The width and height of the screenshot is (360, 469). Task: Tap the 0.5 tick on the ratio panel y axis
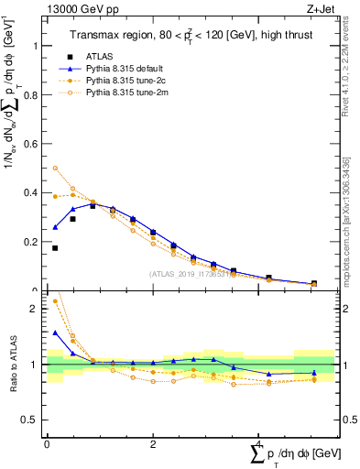point(34,420)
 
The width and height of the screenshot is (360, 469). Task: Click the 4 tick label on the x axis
point(259,443)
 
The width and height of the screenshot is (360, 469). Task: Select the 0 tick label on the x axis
point(47,443)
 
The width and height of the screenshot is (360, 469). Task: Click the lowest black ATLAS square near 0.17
point(55,248)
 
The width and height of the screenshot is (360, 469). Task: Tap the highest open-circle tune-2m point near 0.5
point(55,169)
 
